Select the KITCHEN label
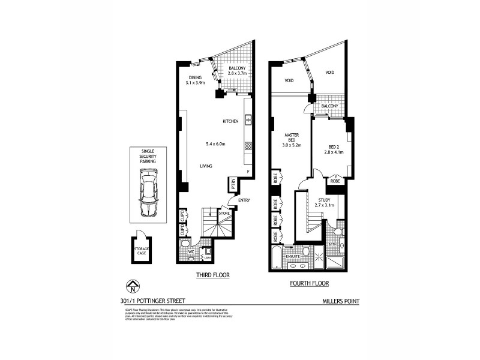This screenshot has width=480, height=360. tap(231, 122)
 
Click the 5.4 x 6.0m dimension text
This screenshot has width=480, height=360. tap(215, 144)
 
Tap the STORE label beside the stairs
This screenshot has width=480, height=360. tap(224, 212)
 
